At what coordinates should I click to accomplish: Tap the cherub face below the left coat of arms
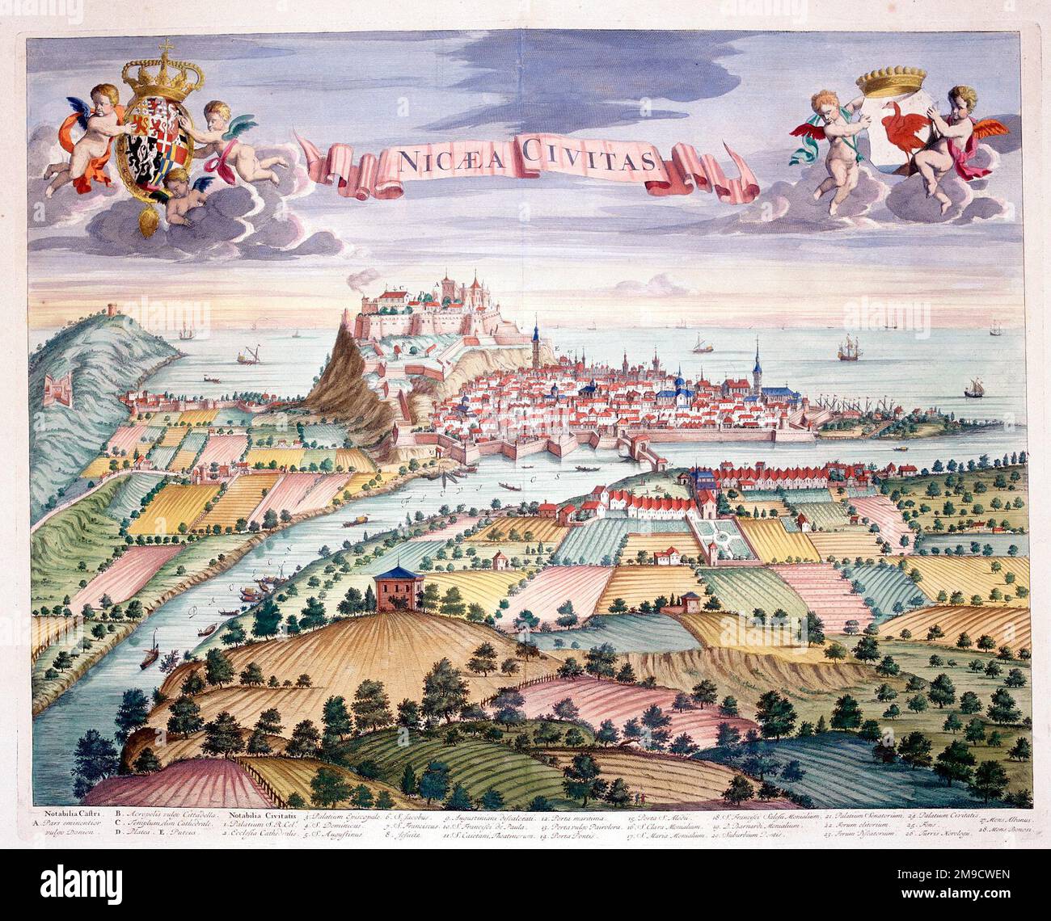tap(175, 196)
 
